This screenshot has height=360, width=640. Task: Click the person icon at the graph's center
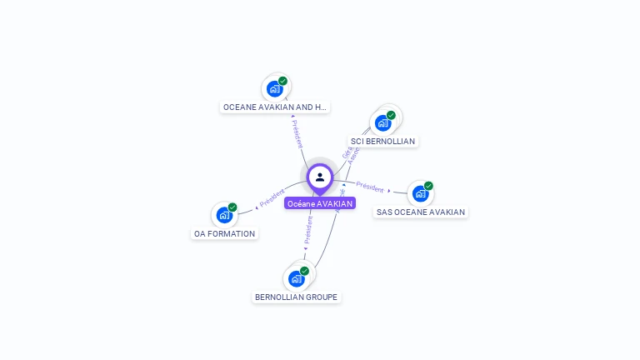320,177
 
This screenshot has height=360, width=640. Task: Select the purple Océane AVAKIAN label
320,203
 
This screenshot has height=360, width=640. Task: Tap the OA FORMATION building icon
223,215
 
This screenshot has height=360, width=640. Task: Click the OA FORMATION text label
225,234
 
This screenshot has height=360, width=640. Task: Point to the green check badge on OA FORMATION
232,207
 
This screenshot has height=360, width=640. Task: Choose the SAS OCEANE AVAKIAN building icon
420,193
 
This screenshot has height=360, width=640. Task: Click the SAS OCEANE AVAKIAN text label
421,212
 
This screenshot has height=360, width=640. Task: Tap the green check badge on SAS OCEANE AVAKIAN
428,186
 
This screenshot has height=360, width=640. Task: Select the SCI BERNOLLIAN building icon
382,123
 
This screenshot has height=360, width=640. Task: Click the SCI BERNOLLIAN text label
383,142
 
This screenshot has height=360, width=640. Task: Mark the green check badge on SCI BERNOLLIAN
391,116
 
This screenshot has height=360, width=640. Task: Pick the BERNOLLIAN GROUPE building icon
296,278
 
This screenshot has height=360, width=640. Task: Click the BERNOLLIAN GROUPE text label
297,297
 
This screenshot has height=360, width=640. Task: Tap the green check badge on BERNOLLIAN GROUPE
305,271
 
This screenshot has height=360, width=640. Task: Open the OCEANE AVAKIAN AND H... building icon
274,88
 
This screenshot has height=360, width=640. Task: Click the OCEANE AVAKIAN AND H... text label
276,107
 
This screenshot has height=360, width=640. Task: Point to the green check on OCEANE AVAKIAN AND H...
283,81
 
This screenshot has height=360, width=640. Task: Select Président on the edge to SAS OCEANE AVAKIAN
370,187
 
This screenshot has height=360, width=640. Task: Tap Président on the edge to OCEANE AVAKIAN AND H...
297,134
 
